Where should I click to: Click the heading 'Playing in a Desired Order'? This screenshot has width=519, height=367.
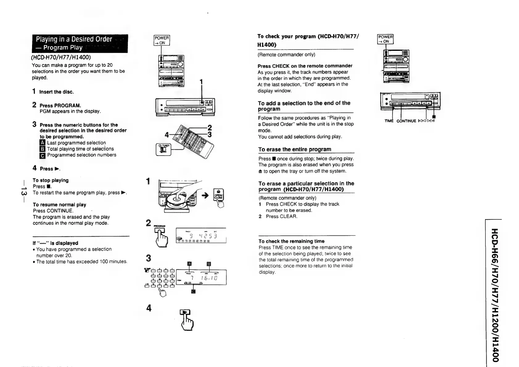[74, 39]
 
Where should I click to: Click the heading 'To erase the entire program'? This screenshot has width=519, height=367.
[295, 149]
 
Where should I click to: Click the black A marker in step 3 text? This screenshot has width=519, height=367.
[43, 143]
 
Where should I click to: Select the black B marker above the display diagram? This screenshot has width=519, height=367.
[209, 264]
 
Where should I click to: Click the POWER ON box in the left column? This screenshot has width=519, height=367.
[162, 40]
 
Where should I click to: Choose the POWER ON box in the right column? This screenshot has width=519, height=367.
[385, 39]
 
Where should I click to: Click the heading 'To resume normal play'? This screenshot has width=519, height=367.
[60, 205]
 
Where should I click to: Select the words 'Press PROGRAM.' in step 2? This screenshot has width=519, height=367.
[60, 105]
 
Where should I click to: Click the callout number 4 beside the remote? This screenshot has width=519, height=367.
[167, 135]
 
